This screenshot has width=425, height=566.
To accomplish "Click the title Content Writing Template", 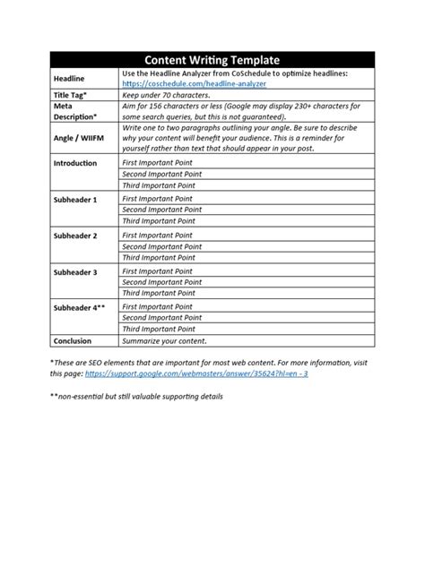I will coord(212,60).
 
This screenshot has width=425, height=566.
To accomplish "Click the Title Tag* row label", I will coord(74,94).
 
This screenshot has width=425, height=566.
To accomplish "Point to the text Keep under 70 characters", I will coord(165,94).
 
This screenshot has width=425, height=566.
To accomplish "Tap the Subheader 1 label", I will coord(76,199).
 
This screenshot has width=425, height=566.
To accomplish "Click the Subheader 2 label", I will coord(76,235).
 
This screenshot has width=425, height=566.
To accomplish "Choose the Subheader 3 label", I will coord(76,270).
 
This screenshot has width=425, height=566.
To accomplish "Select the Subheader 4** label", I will coord(80,306).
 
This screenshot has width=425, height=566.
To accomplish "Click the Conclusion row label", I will coord(74,340).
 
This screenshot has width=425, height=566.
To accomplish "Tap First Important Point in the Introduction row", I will coord(157,164).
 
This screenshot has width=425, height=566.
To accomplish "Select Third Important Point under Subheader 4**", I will coord(158,329).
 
